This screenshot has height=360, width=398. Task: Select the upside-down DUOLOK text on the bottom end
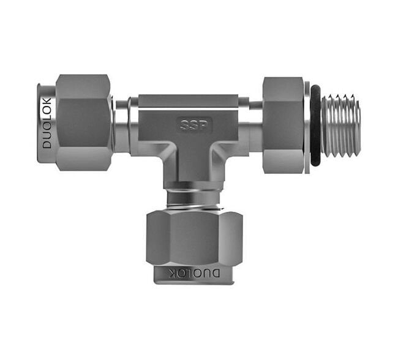[195, 272]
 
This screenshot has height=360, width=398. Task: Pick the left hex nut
[83, 122]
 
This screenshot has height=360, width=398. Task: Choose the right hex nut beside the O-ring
[283, 125]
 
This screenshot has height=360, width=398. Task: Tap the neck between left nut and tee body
[122, 122]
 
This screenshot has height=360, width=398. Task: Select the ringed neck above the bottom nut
[194, 195]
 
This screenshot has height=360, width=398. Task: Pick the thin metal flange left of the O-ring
[307, 125]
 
